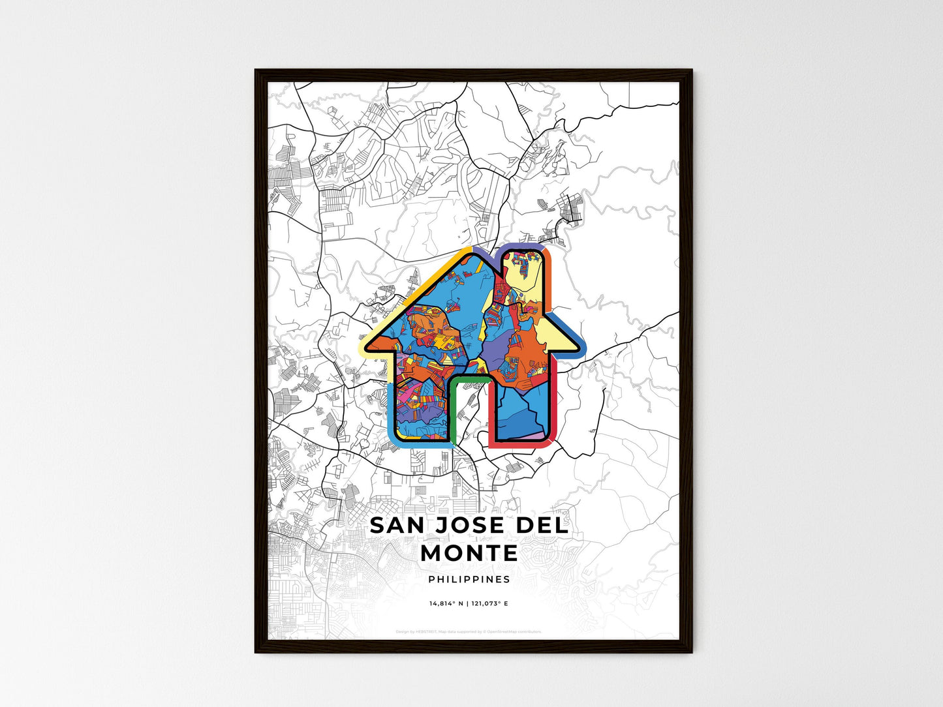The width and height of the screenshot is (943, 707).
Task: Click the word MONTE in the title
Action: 469,553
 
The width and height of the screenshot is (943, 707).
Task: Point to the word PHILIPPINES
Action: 469,579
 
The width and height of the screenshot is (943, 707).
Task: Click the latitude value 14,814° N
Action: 446,604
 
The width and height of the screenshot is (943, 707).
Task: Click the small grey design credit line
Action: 469,631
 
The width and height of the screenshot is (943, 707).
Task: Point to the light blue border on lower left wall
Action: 392,411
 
